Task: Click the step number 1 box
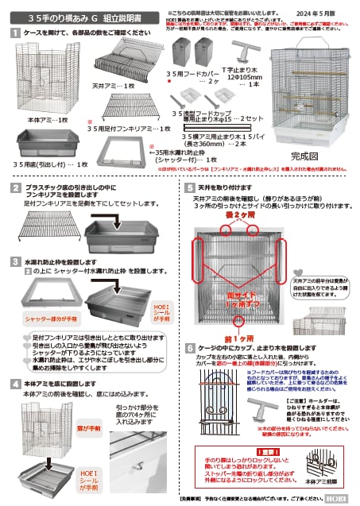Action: pos(16,33)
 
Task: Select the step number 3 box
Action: pos(16,260)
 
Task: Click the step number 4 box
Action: pos(16,383)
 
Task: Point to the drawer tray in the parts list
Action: pos(48,145)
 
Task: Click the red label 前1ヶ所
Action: pos(241,336)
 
